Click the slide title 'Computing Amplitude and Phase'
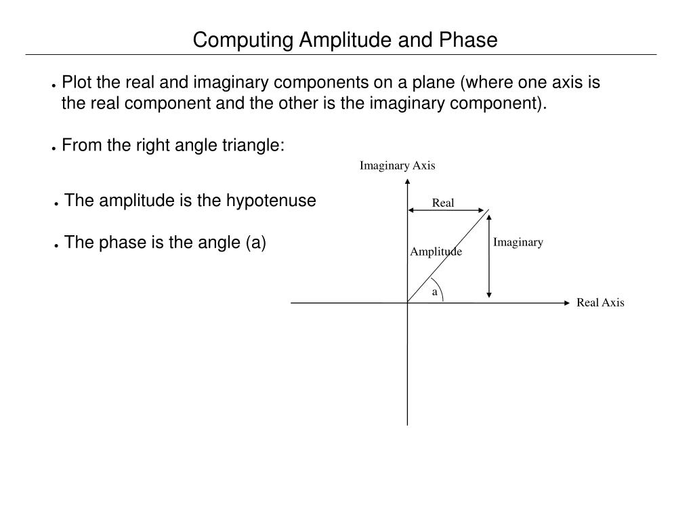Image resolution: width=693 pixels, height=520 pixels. pyautogui.click(x=345, y=40)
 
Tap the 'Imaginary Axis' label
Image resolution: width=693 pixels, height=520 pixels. pyautogui.click(x=397, y=165)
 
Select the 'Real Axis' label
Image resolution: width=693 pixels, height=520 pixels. pyautogui.click(x=600, y=303)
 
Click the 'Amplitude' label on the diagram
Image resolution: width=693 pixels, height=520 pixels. pyautogui.click(x=436, y=252)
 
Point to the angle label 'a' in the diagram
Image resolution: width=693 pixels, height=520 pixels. pyautogui.click(x=435, y=292)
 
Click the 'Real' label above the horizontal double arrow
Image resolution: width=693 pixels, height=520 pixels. pyautogui.click(x=443, y=203)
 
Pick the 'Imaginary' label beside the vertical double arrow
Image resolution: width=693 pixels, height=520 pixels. pyautogui.click(x=518, y=242)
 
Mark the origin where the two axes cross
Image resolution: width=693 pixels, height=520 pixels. pyautogui.click(x=407, y=302)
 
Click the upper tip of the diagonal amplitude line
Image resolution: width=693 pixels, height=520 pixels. pyautogui.click(x=488, y=212)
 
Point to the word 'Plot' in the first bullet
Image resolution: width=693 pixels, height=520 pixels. pyautogui.click(x=74, y=83)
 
